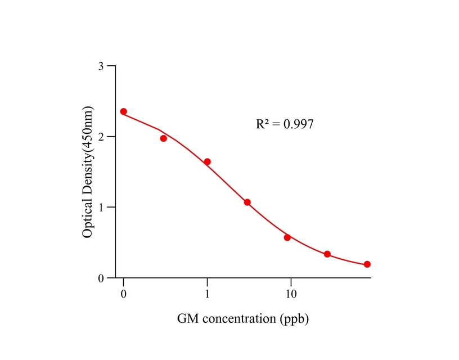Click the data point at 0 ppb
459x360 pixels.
click(x=124, y=111)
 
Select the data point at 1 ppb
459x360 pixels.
click(x=207, y=162)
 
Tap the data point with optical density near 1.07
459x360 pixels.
click(x=247, y=202)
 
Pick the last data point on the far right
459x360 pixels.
click(x=367, y=264)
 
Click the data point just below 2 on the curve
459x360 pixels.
click(x=164, y=138)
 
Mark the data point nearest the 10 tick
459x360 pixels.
click(x=287, y=237)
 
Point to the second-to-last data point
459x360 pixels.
click(x=327, y=254)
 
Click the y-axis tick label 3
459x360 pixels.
click(x=101, y=66)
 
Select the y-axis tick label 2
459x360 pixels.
click(x=101, y=137)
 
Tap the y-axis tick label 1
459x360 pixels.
click(x=101, y=208)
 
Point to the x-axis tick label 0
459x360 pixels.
click(x=124, y=295)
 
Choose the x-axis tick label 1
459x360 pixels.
click(x=207, y=295)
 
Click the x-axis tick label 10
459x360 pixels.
click(x=291, y=295)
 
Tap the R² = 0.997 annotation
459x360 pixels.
click(x=285, y=124)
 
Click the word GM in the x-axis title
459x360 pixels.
click(x=187, y=319)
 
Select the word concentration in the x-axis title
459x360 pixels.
click(x=238, y=319)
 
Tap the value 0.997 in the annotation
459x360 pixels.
click(x=298, y=124)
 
